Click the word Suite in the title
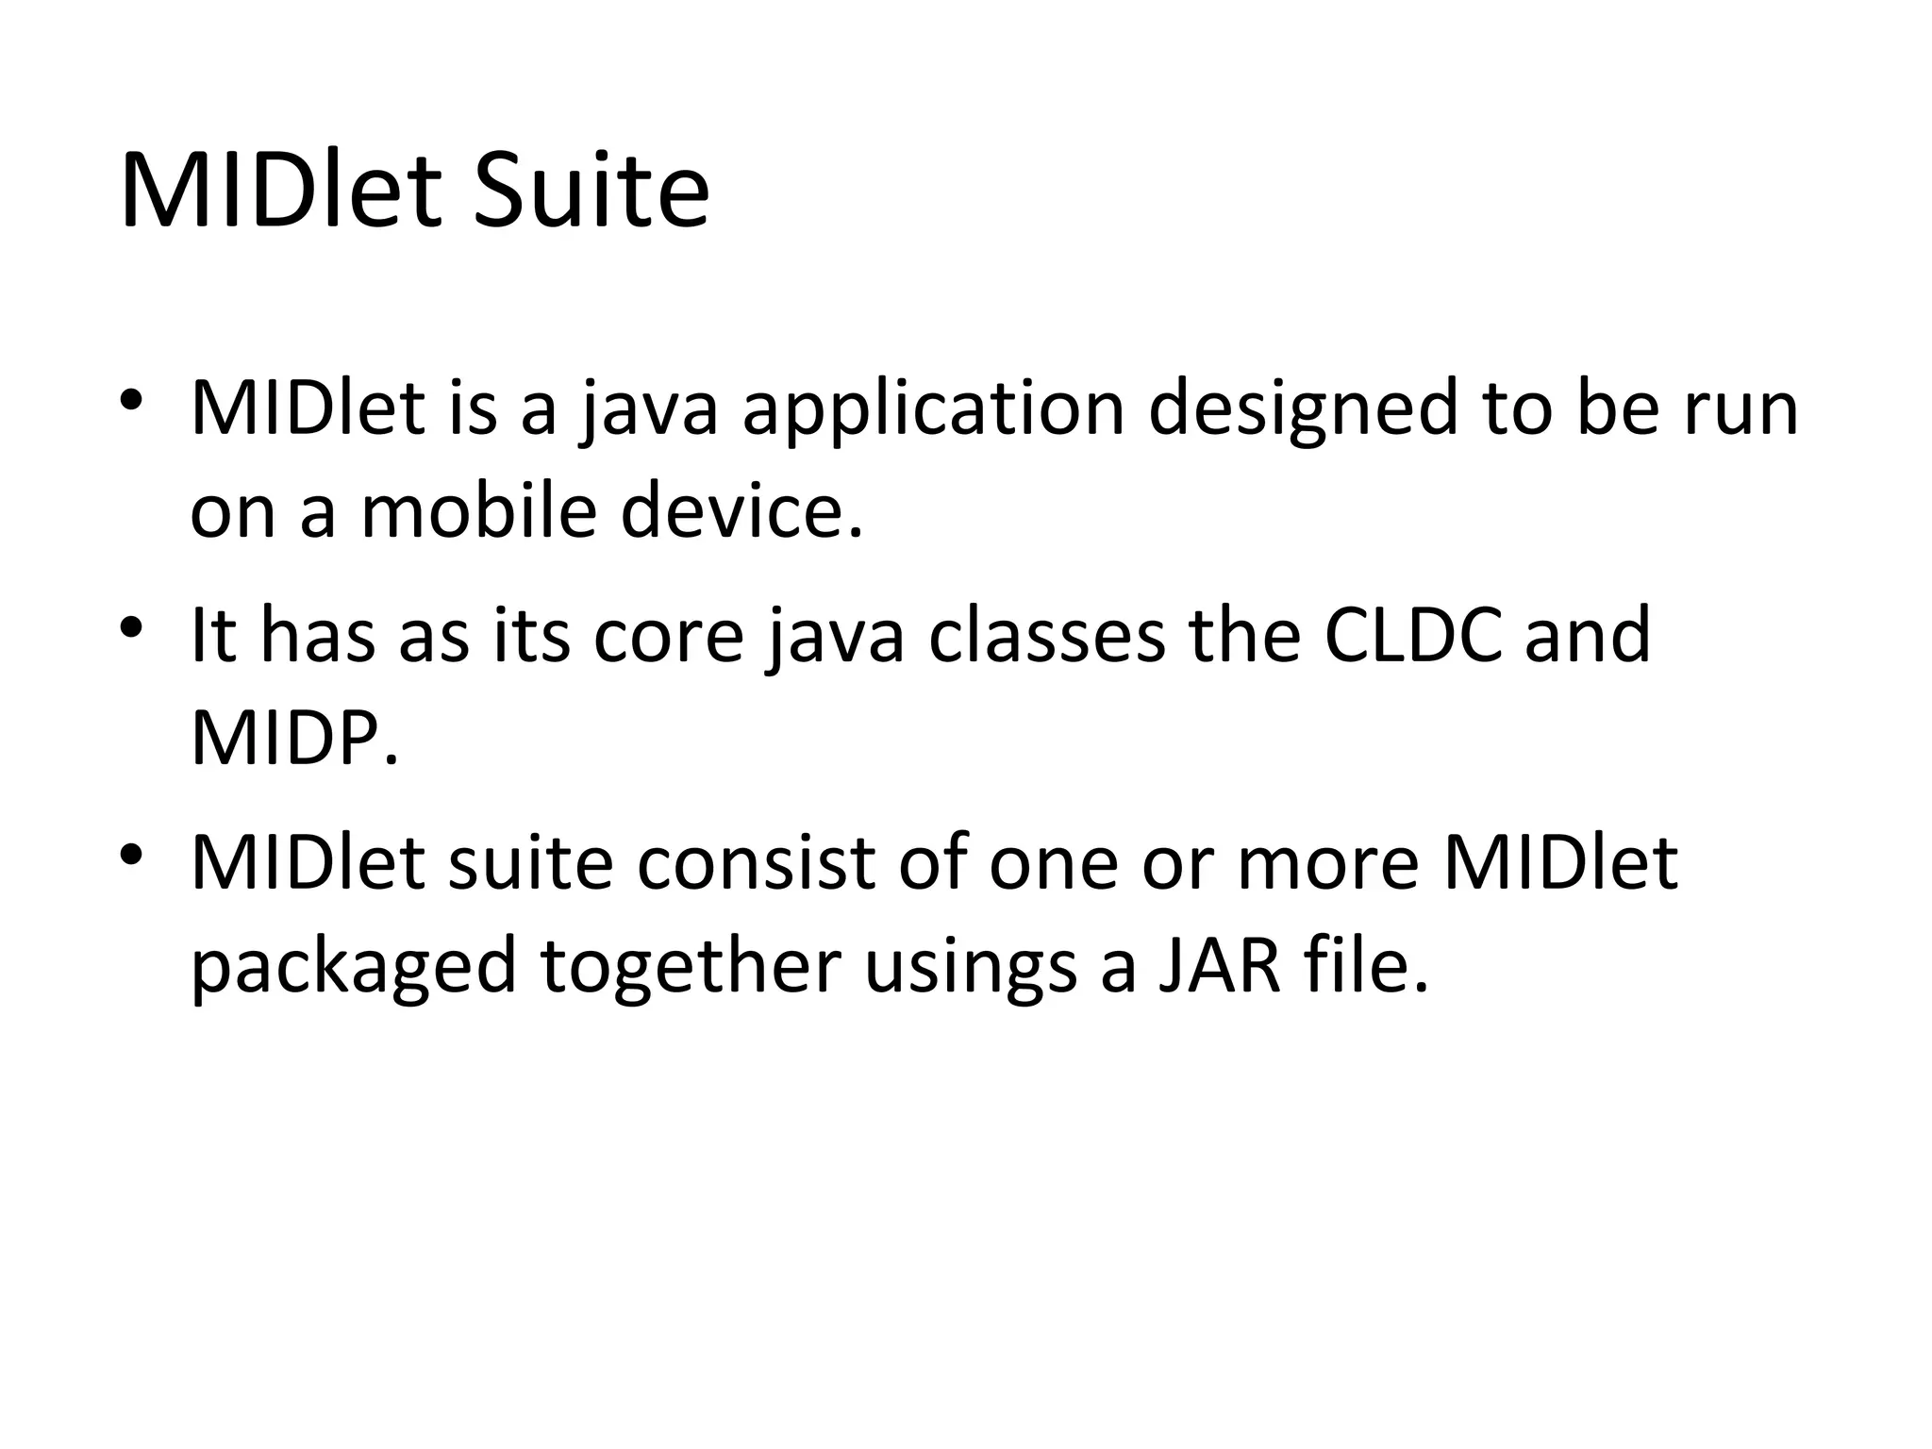point(591,193)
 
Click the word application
point(934,409)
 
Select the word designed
point(1303,409)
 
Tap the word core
point(668,636)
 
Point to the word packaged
point(353,966)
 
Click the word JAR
point(1218,966)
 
